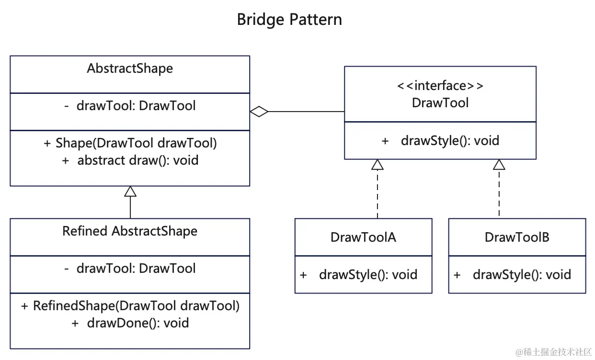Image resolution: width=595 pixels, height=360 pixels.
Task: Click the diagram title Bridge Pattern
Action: pos(289,20)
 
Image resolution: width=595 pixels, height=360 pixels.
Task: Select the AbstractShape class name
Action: pos(130,68)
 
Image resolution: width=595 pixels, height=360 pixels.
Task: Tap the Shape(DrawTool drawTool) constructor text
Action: pos(130,143)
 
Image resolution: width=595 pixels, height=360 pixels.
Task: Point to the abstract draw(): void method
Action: pos(130,160)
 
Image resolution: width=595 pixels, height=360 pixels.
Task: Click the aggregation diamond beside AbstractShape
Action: pos(259,112)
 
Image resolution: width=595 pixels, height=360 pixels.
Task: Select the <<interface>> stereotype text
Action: pos(440,86)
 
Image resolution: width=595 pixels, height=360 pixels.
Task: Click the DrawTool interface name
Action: pos(440,102)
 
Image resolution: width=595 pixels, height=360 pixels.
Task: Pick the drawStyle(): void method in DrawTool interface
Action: pos(441,141)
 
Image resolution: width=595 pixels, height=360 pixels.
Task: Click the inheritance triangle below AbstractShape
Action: pos(130,191)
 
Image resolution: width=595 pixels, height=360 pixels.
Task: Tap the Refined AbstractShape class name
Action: pos(130,231)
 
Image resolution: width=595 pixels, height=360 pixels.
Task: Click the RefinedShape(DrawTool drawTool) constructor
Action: pos(130,306)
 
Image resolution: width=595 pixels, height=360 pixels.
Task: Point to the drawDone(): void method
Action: pos(130,323)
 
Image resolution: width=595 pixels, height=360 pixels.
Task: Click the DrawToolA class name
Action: pos(363,237)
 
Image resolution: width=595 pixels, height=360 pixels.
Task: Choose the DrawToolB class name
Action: pos(517,237)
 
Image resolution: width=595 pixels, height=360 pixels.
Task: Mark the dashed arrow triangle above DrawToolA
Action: pos(378,165)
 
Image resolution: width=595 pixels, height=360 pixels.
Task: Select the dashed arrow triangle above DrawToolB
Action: pos(499,165)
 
